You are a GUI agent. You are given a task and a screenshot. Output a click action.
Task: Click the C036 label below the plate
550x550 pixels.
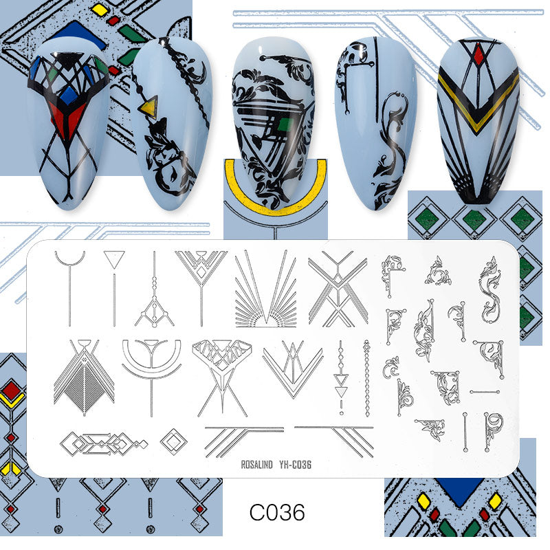(x=276, y=512)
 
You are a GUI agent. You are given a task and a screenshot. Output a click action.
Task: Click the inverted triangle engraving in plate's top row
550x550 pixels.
(x=112, y=258)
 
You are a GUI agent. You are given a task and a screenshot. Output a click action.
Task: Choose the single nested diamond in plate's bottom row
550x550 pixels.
(x=173, y=440)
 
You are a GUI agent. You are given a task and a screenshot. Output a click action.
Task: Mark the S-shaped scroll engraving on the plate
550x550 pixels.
(x=489, y=292)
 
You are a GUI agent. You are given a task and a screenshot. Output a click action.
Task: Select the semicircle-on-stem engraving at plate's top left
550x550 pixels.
(x=70, y=261)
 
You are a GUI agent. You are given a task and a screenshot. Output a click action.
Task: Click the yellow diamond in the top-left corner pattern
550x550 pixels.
(x=100, y=9)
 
